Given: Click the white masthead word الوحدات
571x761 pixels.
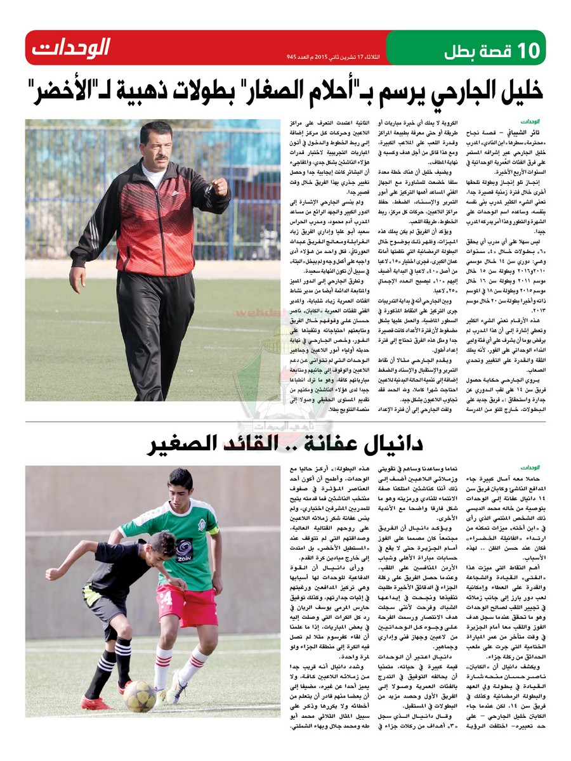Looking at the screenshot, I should (71, 47).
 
